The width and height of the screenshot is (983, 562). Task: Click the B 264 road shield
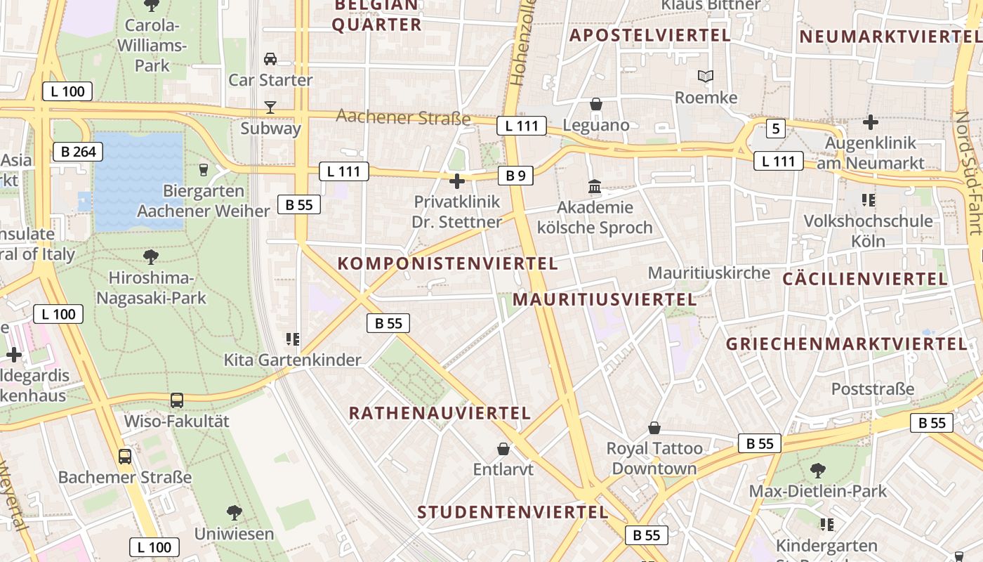[x=78, y=152]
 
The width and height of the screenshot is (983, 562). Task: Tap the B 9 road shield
[x=516, y=176]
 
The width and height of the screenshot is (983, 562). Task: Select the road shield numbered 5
[x=775, y=129]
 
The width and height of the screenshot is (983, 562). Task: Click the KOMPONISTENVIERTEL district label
[x=448, y=264]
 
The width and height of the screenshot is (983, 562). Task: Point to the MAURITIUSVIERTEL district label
[x=605, y=300]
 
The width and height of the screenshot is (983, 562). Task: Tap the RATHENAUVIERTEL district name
[x=440, y=413]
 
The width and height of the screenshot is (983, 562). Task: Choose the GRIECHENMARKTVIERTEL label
[x=847, y=344]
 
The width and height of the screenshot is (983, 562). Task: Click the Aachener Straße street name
[x=404, y=117]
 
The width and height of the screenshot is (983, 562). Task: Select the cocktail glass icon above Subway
[x=270, y=107]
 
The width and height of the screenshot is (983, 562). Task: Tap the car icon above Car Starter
[x=270, y=59]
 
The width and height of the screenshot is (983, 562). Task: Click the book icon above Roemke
[x=706, y=77]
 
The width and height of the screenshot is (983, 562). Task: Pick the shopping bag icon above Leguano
[x=596, y=105]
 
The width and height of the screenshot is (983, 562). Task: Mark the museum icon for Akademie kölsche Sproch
[x=595, y=187]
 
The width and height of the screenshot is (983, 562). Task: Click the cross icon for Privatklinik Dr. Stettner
[x=457, y=182]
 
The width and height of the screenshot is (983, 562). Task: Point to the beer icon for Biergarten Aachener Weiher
[x=204, y=169]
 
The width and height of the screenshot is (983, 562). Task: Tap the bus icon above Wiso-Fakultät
[x=177, y=400]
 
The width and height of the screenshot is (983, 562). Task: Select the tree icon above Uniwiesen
[x=235, y=513]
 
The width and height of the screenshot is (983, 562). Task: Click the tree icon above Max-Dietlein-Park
[x=817, y=470]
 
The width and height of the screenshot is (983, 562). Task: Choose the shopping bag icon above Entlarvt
[x=503, y=448]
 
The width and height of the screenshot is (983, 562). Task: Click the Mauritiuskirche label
[x=709, y=273]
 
